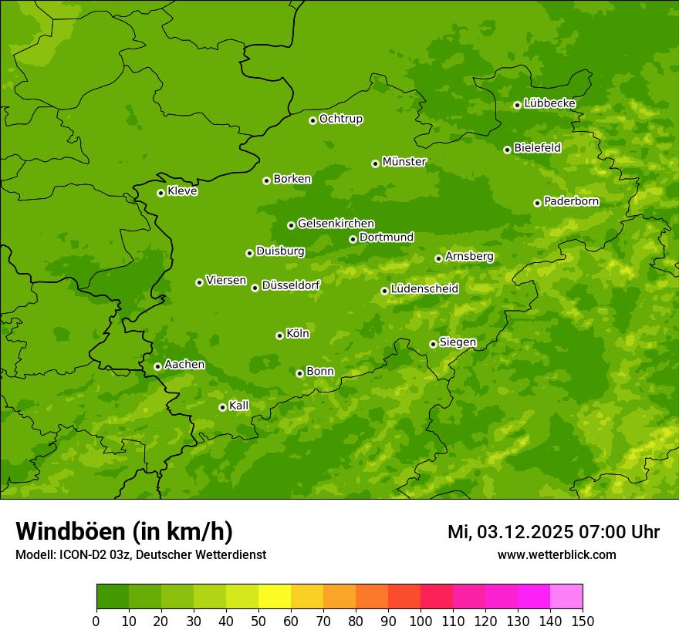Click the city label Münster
click(404, 162)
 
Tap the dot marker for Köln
click(279, 335)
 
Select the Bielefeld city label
click(538, 148)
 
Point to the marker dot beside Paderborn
click(537, 203)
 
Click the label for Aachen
click(184, 365)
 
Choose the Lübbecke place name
click(549, 103)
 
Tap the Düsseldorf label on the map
click(291, 285)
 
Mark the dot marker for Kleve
click(160, 193)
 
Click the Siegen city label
click(458, 342)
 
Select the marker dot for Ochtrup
click(312, 120)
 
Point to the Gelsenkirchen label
click(336, 224)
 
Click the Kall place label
click(239, 406)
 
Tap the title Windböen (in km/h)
click(124, 531)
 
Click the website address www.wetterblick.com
click(556, 554)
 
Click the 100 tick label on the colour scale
click(421, 621)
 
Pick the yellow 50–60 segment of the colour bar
click(275, 597)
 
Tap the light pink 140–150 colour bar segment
click(566, 597)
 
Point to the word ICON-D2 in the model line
click(79, 554)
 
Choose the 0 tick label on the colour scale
click(96, 621)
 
